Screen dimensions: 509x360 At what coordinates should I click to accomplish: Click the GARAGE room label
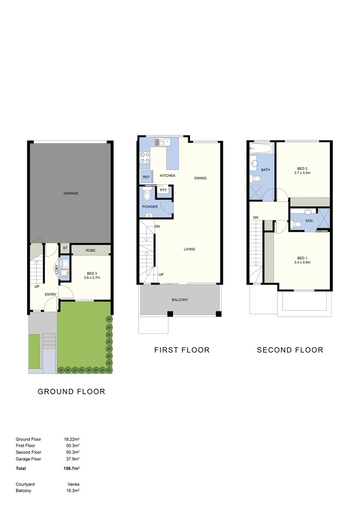pyautogui.click(x=71, y=193)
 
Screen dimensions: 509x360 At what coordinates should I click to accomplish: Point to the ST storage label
pyautogui.click(x=65, y=248)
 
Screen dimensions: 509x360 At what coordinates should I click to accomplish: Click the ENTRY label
pyautogui.click(x=50, y=294)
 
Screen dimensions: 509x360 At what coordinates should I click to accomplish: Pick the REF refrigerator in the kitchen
pyautogui.click(x=146, y=177)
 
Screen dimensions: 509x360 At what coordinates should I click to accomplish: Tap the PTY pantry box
pyautogui.click(x=163, y=190)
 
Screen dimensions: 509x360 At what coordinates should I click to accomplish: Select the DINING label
pyautogui.click(x=200, y=178)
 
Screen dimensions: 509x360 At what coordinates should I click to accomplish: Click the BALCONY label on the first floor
pyautogui.click(x=180, y=300)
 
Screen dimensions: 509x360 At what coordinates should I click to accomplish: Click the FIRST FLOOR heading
pyautogui.click(x=182, y=350)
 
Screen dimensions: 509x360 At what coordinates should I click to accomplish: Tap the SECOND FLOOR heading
pyautogui.click(x=290, y=350)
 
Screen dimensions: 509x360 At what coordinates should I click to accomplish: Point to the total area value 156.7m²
pyautogui.click(x=72, y=468)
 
